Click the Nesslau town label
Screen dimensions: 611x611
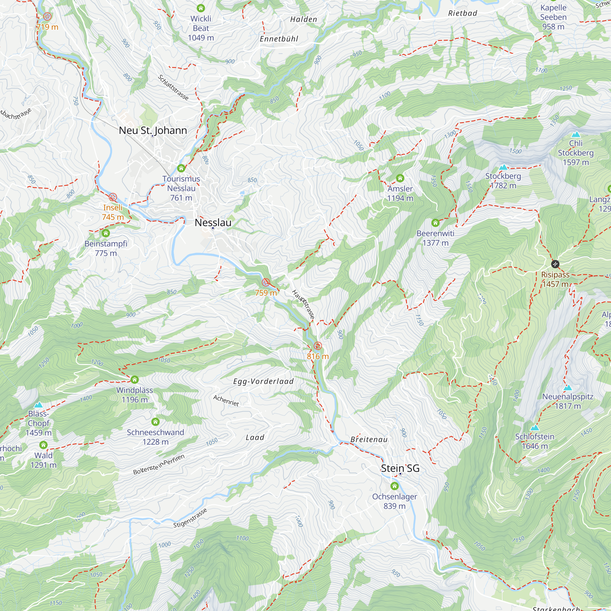tap(213, 223)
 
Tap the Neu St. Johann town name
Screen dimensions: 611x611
tap(153, 130)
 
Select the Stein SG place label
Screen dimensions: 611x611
tap(400, 468)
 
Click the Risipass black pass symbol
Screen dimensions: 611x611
tap(555, 264)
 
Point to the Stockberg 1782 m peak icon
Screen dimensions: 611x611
tap(503, 167)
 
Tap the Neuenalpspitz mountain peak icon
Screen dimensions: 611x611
tap(568, 388)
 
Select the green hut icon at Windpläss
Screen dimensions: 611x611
tap(134, 379)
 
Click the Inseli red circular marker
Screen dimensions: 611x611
tap(113, 197)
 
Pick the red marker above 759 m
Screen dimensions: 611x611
tap(266, 282)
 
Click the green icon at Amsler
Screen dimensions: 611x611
tap(400, 178)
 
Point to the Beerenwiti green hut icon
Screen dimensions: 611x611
tap(435, 223)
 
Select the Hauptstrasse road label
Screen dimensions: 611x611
tap(303, 304)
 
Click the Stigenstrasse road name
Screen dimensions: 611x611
tap(190, 518)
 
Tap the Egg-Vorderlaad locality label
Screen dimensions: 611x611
tap(263, 381)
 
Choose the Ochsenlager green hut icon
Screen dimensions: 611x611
tap(394, 486)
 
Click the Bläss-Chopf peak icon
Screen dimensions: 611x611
tap(38, 405)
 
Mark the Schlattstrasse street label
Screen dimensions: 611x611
tap(173, 88)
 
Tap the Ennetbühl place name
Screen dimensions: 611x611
tap(279, 39)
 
